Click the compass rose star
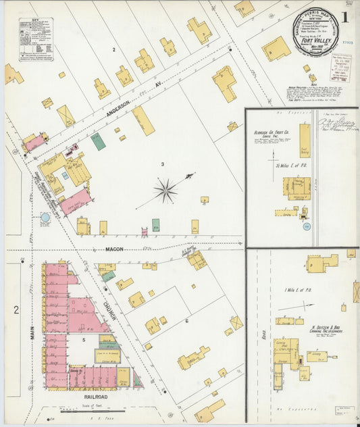coord(165,191)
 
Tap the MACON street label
coord(114,249)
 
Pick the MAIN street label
coord(32,331)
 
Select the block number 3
coord(162,164)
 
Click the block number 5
coord(84,340)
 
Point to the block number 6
coord(186,322)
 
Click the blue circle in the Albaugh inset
coord(305,228)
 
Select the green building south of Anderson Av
coord(98,141)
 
